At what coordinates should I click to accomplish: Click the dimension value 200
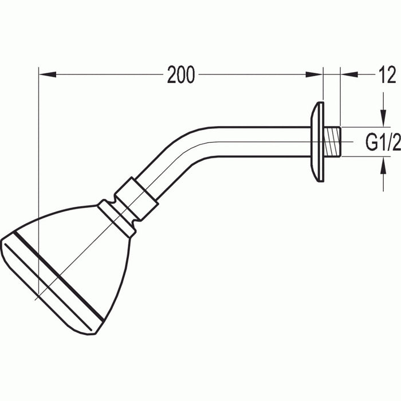(x=181, y=75)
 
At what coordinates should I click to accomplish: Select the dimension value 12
(x=387, y=75)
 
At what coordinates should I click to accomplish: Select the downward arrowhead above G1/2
(x=383, y=120)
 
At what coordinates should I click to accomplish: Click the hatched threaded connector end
(x=332, y=141)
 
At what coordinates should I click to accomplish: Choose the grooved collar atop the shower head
(x=117, y=217)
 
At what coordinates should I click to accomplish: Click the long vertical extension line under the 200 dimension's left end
(x=38, y=172)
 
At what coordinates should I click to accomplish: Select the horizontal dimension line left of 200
(x=103, y=74)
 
